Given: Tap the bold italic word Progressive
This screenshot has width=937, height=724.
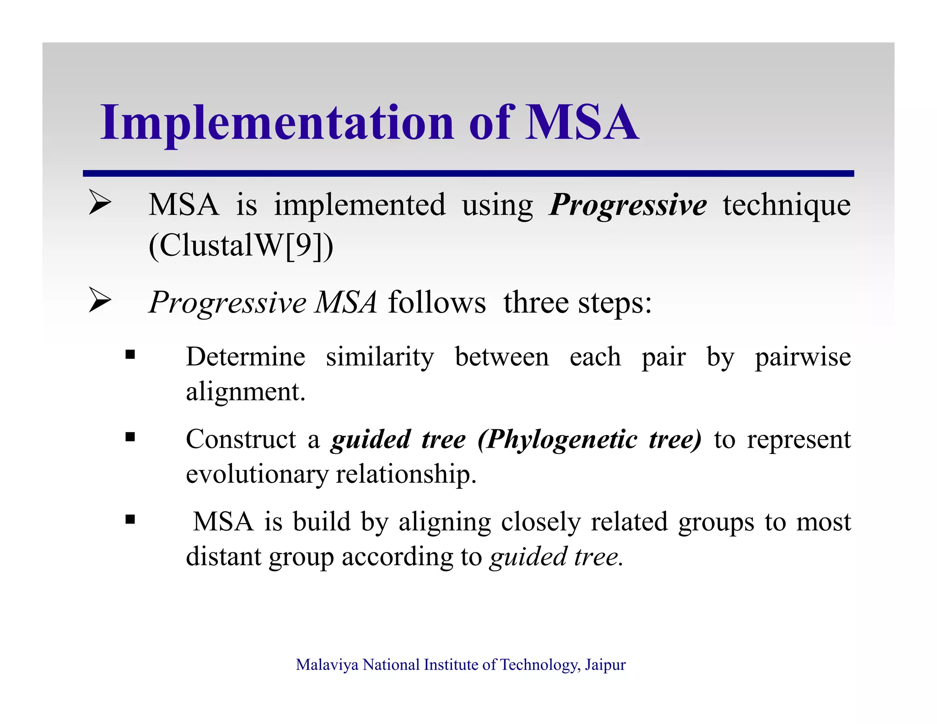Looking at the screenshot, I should (628, 205).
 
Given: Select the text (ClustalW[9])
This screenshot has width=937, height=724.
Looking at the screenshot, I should (241, 246).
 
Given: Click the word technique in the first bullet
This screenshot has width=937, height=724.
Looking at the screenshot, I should (786, 205).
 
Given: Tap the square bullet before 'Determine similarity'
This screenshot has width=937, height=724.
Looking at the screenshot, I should (130, 355).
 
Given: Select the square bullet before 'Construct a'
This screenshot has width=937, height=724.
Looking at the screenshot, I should (130, 437).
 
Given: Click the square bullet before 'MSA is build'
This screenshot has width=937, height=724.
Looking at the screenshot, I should (130, 519).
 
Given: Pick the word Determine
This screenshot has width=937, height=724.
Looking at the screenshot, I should (245, 357).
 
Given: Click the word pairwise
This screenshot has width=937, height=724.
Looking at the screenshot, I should (802, 357).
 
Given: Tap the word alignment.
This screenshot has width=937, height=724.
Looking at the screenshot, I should (245, 392).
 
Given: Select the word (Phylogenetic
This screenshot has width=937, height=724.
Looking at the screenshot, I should (557, 440).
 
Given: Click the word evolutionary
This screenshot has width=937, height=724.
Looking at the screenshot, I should (257, 475).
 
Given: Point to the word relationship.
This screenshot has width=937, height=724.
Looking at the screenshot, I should (406, 475).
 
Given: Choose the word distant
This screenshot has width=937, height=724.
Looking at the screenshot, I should (222, 557).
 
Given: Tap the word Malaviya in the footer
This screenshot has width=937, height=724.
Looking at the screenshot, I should (327, 665).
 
